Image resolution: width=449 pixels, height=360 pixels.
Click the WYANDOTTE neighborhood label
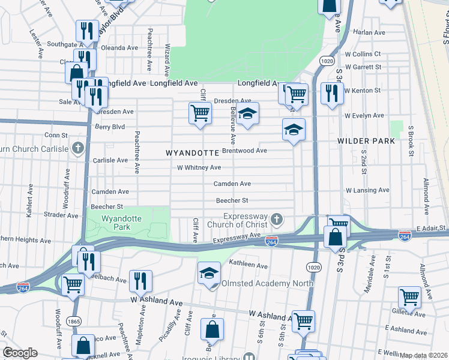[x=192, y=153]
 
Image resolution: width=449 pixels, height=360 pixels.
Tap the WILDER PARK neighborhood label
[x=366, y=141]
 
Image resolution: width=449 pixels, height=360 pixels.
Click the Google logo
[x=20, y=353]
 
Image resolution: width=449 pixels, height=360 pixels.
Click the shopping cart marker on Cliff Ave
[x=200, y=113]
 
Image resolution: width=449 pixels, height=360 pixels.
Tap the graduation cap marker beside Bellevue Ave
[x=247, y=113]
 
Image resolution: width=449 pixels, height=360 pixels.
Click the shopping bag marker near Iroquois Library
[x=212, y=329]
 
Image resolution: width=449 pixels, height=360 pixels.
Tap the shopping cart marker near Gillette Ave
[x=410, y=296]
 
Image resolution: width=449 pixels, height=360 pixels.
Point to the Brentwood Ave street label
[x=244, y=151]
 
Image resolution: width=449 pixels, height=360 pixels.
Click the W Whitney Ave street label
[x=199, y=167]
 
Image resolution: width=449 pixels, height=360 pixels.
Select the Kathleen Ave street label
[x=248, y=265]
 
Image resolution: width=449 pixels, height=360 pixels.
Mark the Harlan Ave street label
[x=369, y=32]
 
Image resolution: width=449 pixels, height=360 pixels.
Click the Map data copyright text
[x=424, y=355]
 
